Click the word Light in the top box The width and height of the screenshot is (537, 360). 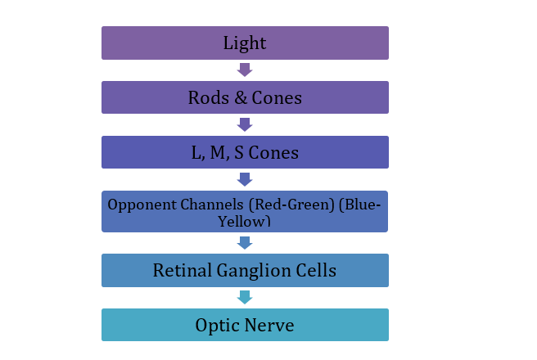click(x=245, y=43)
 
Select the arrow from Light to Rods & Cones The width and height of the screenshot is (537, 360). click(x=245, y=70)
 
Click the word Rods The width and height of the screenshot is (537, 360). click(x=209, y=98)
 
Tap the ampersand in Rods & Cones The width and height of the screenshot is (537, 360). click(x=241, y=98)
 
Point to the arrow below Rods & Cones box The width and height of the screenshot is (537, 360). click(x=245, y=124)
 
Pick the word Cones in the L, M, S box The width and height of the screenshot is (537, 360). click(x=273, y=153)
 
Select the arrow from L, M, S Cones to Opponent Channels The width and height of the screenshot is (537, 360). click(x=245, y=179)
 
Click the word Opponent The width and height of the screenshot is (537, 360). click(x=142, y=205)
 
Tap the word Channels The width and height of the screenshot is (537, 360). click(x=212, y=205)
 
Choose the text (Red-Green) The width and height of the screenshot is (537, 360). click(x=291, y=205)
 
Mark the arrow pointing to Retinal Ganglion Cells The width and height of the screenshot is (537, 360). click(x=245, y=243)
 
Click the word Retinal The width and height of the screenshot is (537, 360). click(x=183, y=270)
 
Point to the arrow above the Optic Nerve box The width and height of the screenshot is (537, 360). click(x=245, y=297)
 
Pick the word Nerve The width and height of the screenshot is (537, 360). click(x=269, y=325)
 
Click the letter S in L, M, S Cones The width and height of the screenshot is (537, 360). click(x=239, y=153)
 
